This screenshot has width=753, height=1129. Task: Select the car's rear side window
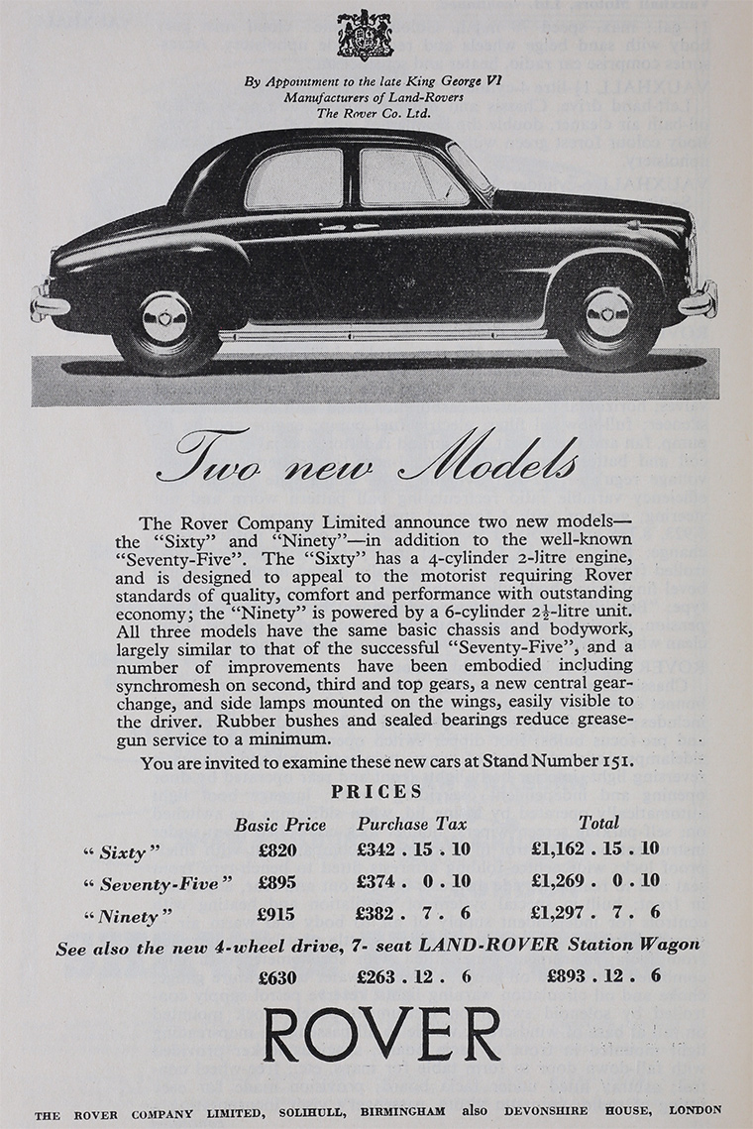click(294, 179)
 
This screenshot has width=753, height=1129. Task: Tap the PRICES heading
click(376, 792)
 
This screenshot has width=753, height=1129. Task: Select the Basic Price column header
click(279, 824)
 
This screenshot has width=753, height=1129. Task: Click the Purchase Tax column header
click(412, 824)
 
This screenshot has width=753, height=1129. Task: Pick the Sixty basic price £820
click(278, 849)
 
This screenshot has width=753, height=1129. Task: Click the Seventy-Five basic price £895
click(278, 881)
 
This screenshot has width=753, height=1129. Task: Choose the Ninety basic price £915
click(278, 912)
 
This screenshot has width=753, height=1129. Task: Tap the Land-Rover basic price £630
click(278, 976)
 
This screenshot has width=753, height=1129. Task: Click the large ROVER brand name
click(381, 1035)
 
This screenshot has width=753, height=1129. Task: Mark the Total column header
click(598, 823)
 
